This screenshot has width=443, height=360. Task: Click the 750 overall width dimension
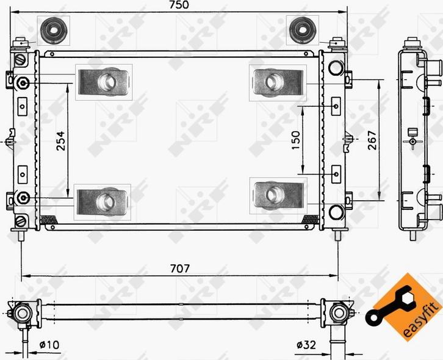coord(179,5)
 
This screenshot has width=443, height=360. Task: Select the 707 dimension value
coord(179,268)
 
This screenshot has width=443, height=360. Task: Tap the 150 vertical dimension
coord(296,140)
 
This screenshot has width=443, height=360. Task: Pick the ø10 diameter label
coord(49,345)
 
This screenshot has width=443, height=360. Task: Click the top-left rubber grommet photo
coord(54,30)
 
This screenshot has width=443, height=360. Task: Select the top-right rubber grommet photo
coord(300,30)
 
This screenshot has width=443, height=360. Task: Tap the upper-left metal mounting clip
coord(104,81)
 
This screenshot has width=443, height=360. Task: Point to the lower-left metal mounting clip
coord(104,201)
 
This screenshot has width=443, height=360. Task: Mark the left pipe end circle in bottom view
coord(23,313)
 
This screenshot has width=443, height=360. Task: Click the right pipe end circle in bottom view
coord(337,313)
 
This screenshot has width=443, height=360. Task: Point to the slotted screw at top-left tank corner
coord(21,60)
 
